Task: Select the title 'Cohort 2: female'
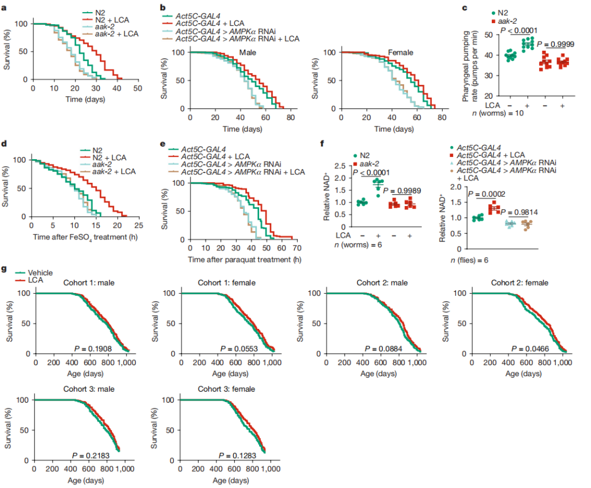[519, 283]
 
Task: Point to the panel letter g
[5, 269]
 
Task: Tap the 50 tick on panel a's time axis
[137, 88]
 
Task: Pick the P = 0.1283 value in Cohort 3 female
[236, 455]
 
